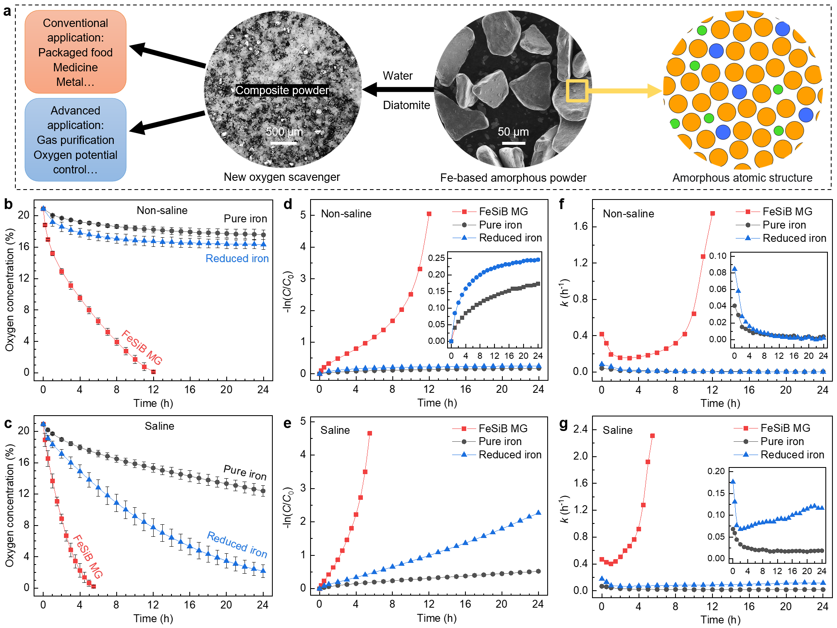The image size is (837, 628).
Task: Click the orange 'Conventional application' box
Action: (x=75, y=52)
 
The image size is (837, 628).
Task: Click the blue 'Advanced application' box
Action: (x=75, y=140)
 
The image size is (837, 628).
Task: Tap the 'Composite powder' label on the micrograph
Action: (x=282, y=90)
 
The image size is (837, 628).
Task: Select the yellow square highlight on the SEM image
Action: (x=577, y=91)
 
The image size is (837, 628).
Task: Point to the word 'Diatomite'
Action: (x=406, y=105)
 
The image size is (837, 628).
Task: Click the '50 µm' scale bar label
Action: (x=513, y=132)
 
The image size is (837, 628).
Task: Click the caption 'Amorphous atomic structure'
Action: (x=742, y=178)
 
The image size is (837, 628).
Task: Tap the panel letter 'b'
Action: (x=8, y=204)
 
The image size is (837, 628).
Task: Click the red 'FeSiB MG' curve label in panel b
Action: (x=142, y=347)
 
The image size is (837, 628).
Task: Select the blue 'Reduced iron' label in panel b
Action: (x=237, y=258)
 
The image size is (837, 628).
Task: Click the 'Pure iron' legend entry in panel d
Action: (x=500, y=225)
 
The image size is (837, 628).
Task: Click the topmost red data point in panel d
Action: (x=429, y=214)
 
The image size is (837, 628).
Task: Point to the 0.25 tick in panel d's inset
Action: (x=436, y=258)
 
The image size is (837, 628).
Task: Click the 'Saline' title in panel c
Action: (x=159, y=426)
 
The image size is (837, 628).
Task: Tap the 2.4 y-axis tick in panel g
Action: (x=580, y=429)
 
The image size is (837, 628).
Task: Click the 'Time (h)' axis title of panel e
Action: (x=437, y=618)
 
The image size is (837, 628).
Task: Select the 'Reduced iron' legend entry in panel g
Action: (x=792, y=455)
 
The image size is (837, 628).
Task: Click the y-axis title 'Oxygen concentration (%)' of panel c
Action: (x=10, y=505)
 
